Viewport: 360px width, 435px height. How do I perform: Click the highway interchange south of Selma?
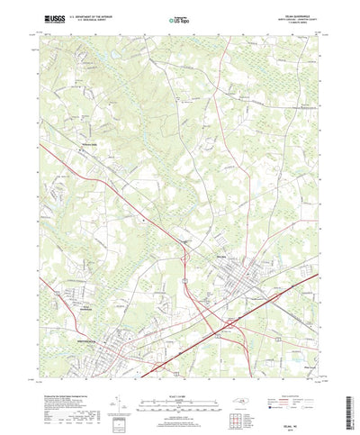(232, 321)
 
